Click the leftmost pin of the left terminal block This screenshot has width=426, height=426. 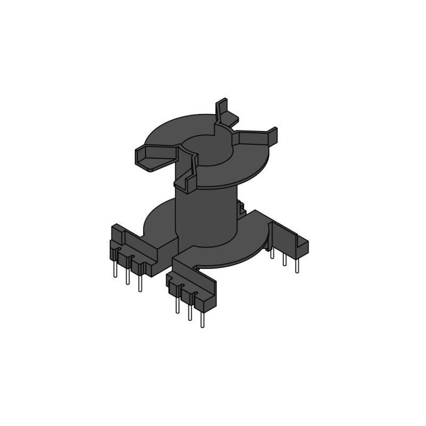tap(115, 270)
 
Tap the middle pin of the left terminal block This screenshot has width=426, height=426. tap(127, 276)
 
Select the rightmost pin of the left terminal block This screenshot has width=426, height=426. tap(140, 283)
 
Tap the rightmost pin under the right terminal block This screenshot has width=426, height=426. tap(297, 265)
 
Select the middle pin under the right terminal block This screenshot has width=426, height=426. tap(284, 259)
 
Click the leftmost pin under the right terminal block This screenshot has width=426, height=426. tap(272, 253)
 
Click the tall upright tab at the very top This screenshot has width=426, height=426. tap(222, 109)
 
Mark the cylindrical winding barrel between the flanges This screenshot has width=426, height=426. tap(205, 216)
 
